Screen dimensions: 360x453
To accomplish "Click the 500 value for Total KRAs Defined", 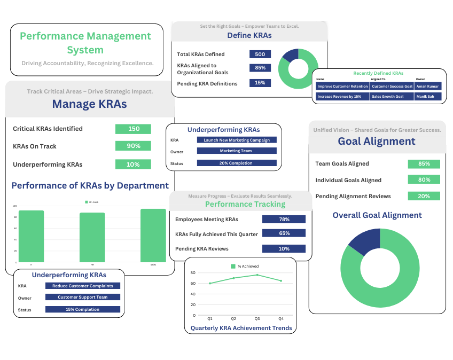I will (x=260, y=54).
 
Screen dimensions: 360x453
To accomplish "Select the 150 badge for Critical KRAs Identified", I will (x=133, y=129).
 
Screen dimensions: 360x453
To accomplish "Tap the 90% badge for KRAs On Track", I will (x=133, y=146).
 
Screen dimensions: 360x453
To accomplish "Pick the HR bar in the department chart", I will (x=92, y=237).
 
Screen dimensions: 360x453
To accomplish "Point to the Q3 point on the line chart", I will (x=257, y=275).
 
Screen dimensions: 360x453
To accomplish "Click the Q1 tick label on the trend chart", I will (x=210, y=318).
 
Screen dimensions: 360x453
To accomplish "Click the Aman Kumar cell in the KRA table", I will (x=428, y=86).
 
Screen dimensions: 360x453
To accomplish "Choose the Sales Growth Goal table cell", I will (x=392, y=97).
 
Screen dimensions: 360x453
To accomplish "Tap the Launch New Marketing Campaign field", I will (x=237, y=140).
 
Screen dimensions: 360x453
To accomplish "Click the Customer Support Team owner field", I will (x=83, y=298).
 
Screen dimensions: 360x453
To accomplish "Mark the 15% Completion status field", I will (x=83, y=309).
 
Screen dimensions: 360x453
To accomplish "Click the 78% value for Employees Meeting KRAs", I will (x=284, y=219).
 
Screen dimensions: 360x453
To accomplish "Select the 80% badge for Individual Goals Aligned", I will (x=424, y=180).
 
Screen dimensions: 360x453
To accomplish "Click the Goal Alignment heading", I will (x=377, y=141).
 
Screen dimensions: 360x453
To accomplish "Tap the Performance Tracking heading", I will (x=245, y=204).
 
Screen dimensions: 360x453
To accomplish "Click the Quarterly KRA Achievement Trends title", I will (x=241, y=328).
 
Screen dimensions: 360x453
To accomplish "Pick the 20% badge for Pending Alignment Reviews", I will (x=424, y=196).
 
